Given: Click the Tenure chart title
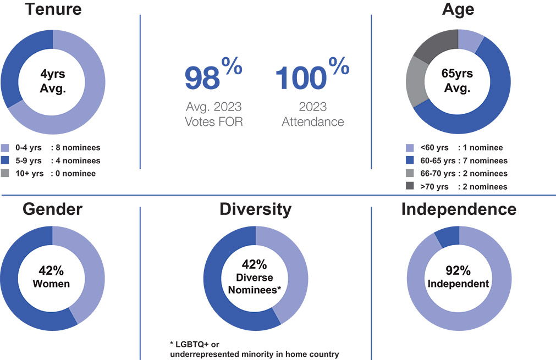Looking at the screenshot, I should [52, 9].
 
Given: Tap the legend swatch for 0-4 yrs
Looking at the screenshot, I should [5, 148].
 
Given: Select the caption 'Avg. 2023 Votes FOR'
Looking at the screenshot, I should [213, 114].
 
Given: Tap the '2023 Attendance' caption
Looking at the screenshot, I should [312, 114].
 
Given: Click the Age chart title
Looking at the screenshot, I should [458, 9].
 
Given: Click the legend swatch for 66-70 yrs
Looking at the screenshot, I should [410, 174].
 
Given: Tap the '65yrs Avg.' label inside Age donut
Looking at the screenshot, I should [458, 81].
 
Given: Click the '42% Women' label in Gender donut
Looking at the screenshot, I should [52, 277].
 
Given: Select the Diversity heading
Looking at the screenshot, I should [256, 209].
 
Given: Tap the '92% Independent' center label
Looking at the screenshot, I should [458, 277].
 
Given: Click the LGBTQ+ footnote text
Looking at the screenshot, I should [254, 349].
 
